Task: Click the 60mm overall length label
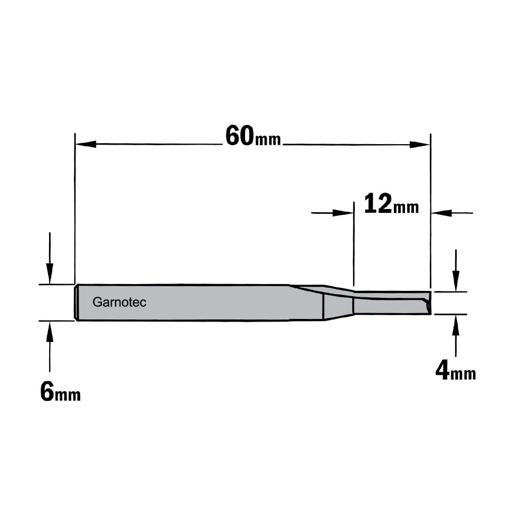[253, 136]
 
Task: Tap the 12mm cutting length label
[391, 204]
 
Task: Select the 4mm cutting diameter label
[456, 371]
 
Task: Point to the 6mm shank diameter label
[60, 392]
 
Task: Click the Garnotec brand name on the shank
[119, 302]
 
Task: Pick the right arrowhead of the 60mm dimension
[420, 145]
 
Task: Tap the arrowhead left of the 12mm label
[343, 213]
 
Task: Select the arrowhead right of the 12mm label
[441, 213]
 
